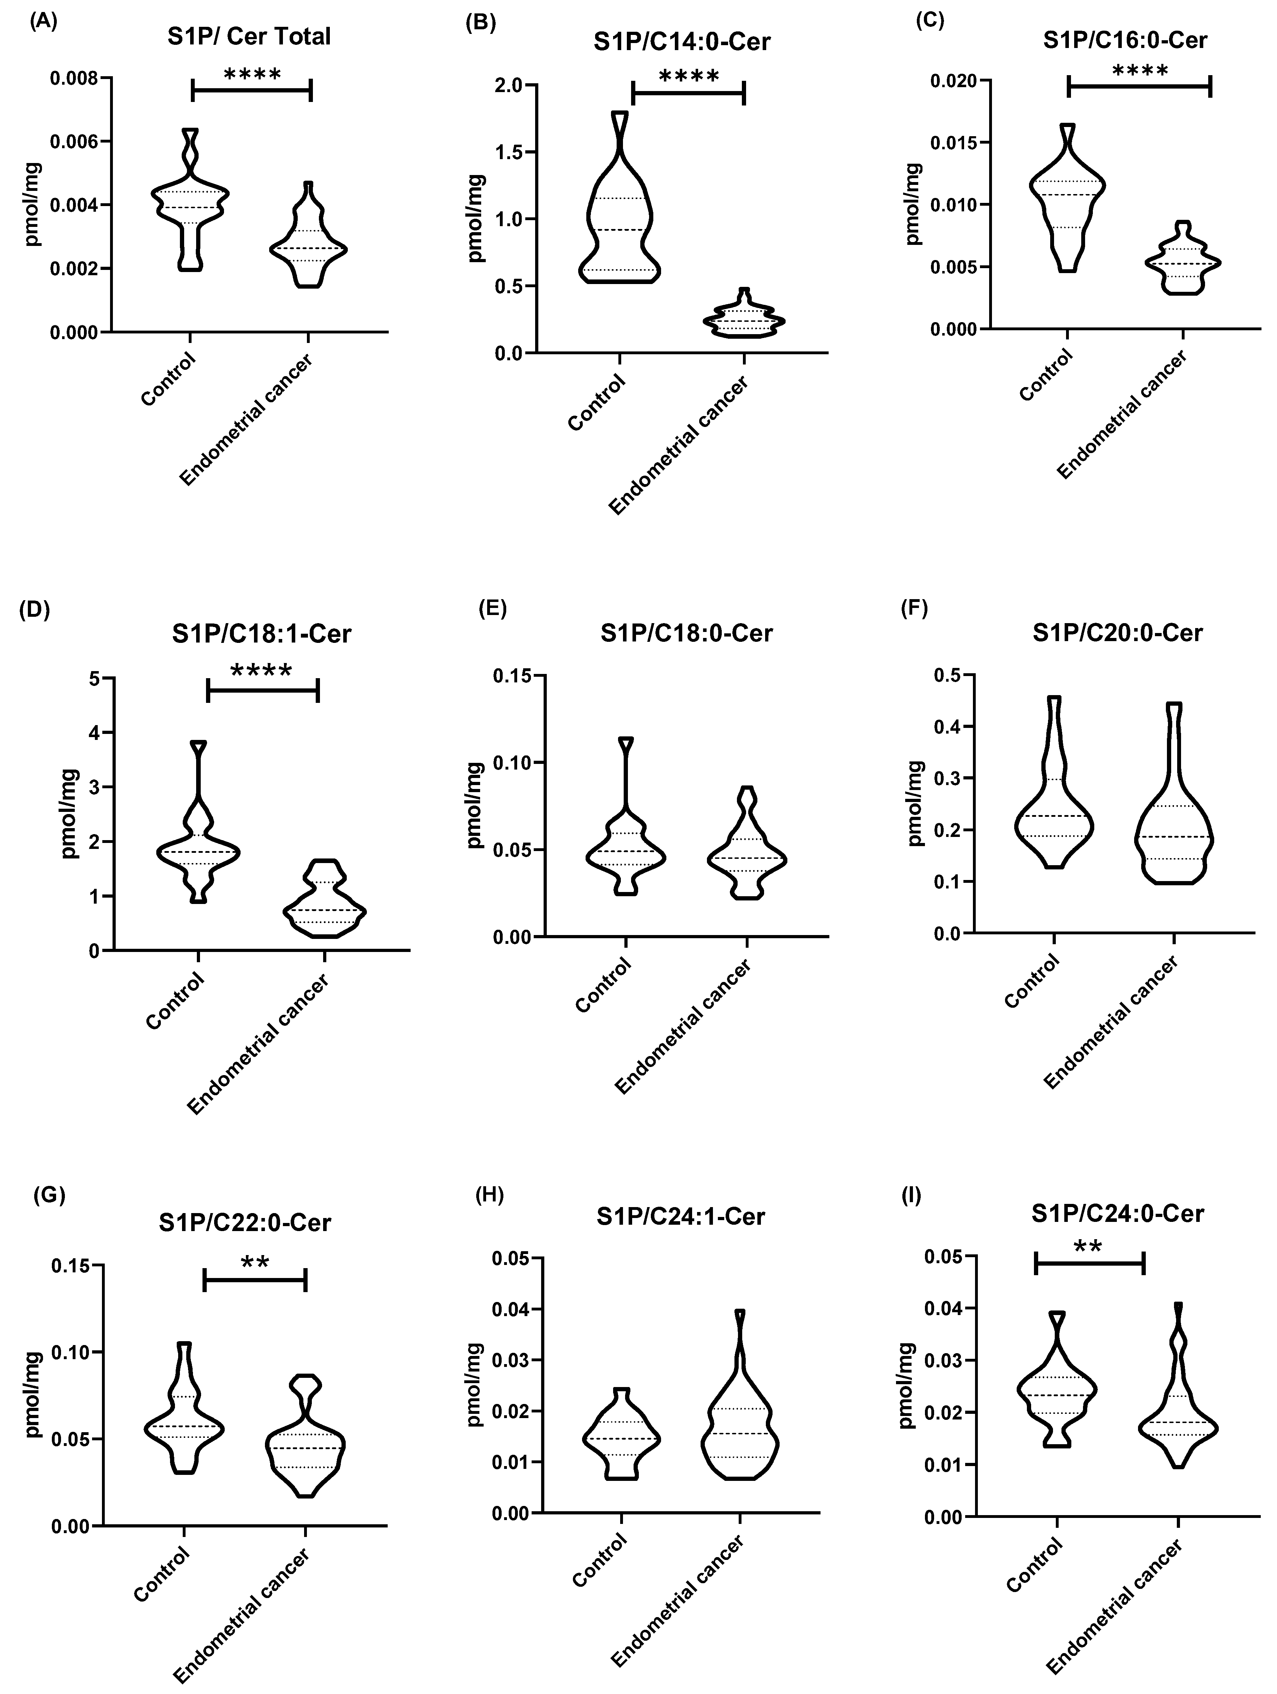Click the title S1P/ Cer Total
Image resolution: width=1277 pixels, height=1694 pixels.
pyautogui.click(x=250, y=36)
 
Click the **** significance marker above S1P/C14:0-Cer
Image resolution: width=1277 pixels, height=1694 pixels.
pyautogui.click(x=688, y=77)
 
